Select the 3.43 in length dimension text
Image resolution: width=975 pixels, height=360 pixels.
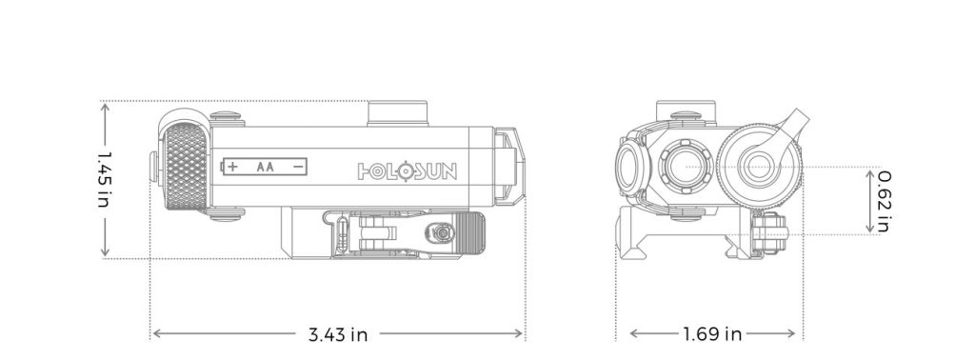click(x=338, y=334)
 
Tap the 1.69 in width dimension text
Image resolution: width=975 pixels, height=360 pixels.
click(x=712, y=334)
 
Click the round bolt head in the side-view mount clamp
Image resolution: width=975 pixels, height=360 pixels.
click(x=441, y=231)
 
